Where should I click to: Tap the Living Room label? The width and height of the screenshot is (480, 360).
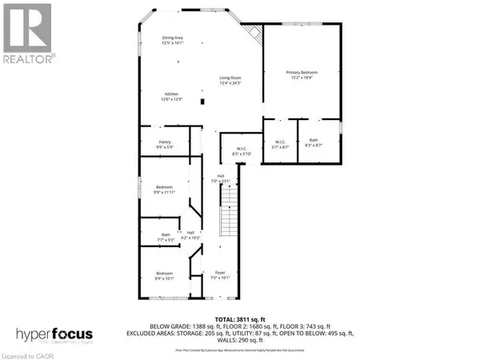pos(231,80)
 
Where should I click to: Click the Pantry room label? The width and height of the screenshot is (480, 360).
pos(164,145)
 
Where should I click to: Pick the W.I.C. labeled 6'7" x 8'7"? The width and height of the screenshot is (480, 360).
pos(280,145)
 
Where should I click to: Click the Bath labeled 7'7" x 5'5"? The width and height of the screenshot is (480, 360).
pos(163,237)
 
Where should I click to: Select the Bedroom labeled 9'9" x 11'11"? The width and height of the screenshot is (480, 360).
pos(164,190)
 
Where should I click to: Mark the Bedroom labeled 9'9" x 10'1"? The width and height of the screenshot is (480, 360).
pos(164,277)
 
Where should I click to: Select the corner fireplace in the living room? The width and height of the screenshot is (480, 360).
pos(254,35)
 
